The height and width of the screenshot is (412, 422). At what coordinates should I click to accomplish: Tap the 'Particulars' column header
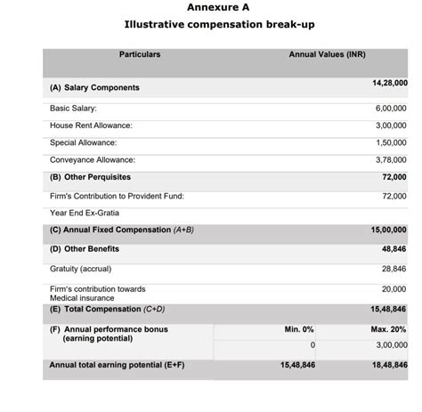(x=140, y=55)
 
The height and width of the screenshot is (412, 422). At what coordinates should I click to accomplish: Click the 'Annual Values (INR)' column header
(x=327, y=55)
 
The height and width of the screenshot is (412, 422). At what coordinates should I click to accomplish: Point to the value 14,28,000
(x=389, y=83)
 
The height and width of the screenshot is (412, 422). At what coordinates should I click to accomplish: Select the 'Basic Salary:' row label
(x=73, y=108)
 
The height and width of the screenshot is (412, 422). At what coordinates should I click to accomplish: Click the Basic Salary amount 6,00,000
(x=391, y=108)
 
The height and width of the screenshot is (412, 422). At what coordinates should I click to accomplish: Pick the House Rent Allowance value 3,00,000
(x=391, y=125)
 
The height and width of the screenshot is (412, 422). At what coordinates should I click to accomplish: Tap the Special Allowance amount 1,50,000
(x=391, y=142)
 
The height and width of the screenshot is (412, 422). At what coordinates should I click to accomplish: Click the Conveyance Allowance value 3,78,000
(x=391, y=160)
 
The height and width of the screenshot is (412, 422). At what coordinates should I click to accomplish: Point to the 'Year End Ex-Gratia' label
(x=84, y=213)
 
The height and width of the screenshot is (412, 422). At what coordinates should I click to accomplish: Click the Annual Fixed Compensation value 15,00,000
(x=389, y=230)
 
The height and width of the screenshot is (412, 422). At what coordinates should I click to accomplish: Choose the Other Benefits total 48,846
(x=394, y=249)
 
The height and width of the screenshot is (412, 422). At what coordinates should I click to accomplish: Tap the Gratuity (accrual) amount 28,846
(x=394, y=269)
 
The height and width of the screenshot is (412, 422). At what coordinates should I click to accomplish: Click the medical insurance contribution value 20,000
(x=394, y=289)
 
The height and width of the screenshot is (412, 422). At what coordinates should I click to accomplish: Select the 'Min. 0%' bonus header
(x=299, y=329)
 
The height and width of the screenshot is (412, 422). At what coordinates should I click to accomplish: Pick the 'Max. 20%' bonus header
(x=389, y=329)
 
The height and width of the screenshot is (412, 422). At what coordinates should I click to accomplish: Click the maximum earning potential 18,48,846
(x=389, y=365)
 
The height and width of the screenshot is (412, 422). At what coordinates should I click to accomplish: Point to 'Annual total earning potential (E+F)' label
(x=117, y=365)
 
